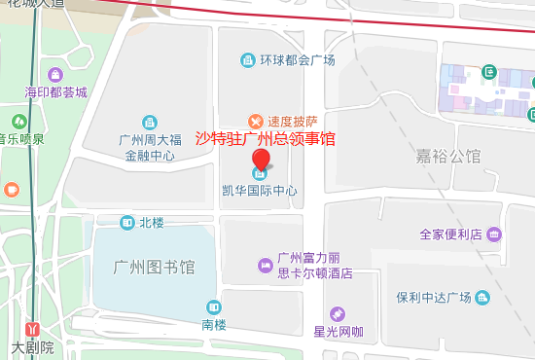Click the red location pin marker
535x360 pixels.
pyautogui.click(x=261, y=161)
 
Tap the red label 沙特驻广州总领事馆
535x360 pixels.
pyautogui.click(x=267, y=139)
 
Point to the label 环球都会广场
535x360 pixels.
pyautogui.click(x=297, y=61)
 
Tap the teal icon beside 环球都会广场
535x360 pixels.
pyautogui.click(x=248, y=61)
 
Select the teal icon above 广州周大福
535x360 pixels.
pyautogui.click(x=149, y=122)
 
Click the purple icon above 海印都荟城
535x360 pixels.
pyautogui.click(x=55, y=74)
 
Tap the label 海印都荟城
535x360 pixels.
pyautogui.click(x=55, y=93)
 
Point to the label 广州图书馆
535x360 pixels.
pyautogui.click(x=155, y=267)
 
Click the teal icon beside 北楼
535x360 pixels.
pyautogui.click(x=127, y=223)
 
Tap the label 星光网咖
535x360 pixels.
pyautogui.click(x=338, y=332)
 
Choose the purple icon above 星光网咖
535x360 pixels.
pyautogui.click(x=338, y=314)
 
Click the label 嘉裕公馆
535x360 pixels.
pyautogui.click(x=448, y=156)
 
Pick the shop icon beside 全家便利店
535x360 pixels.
pyautogui.click(x=494, y=234)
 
